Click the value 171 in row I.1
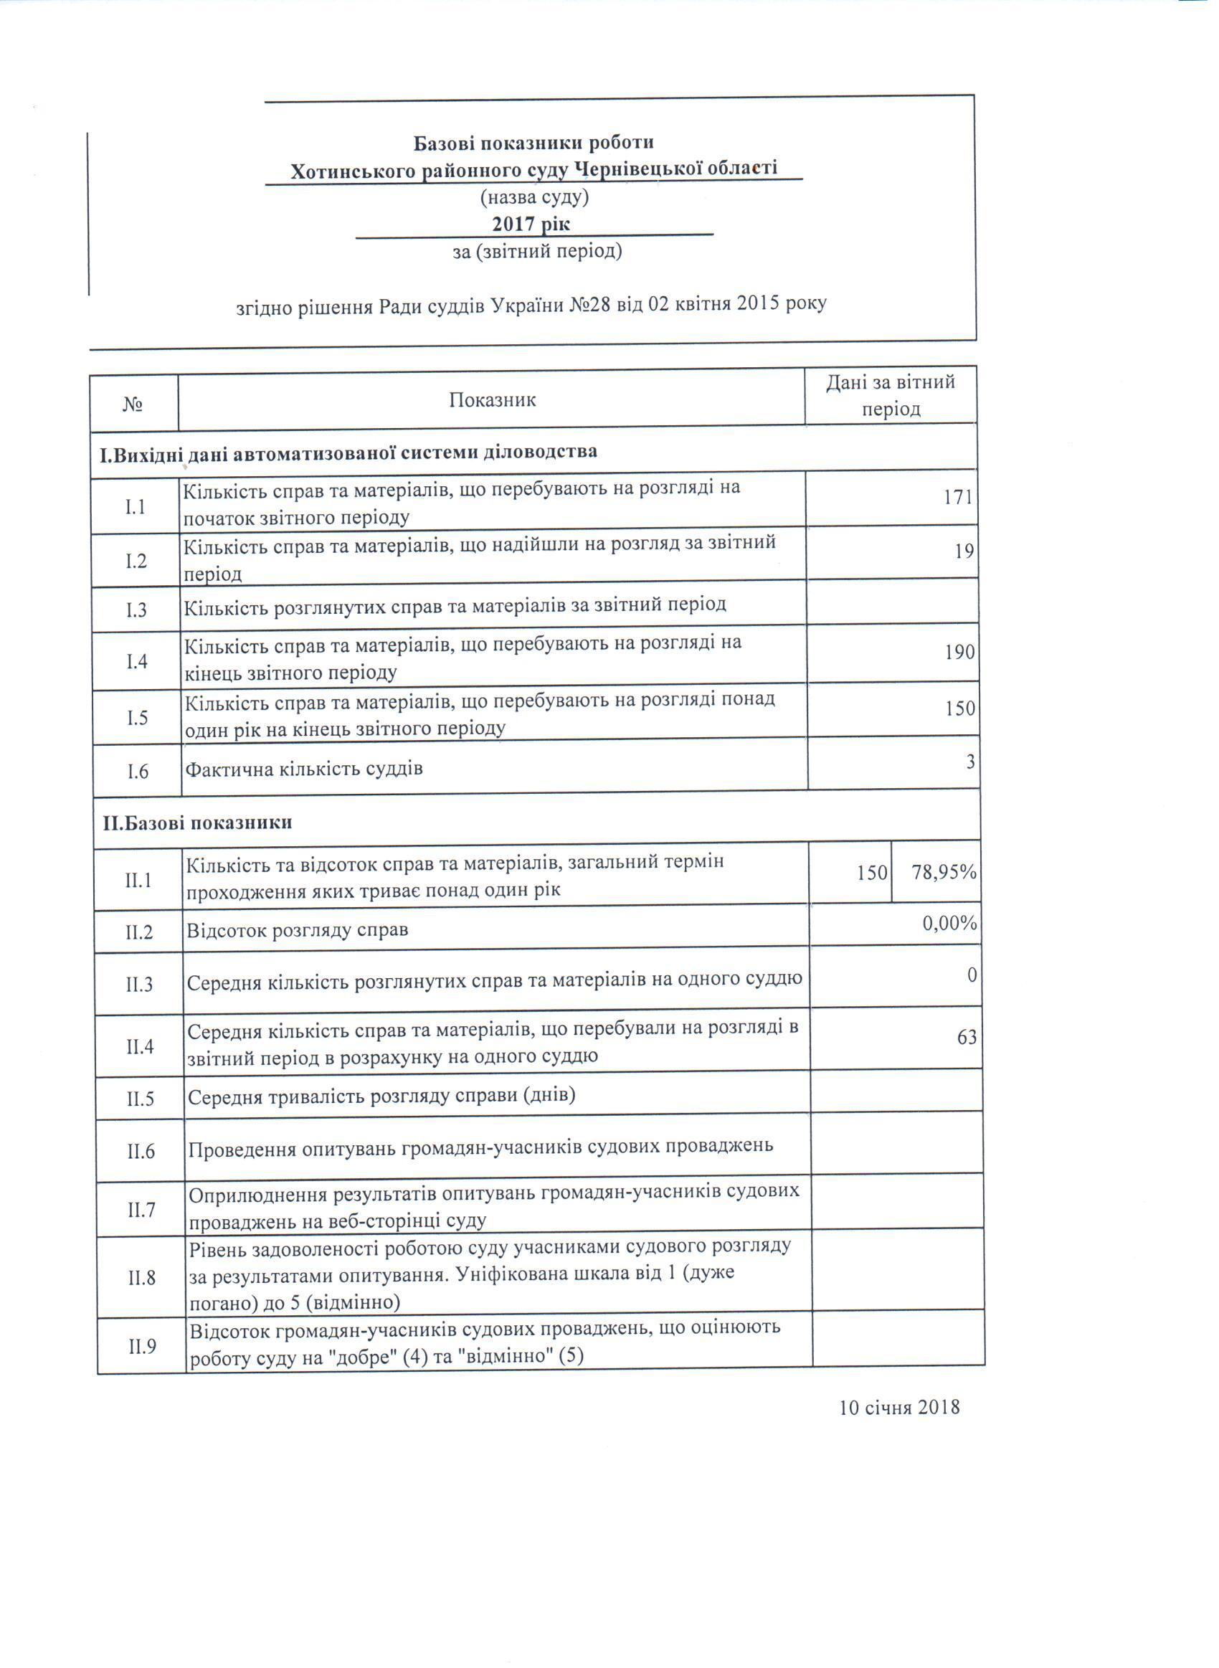[x=958, y=497]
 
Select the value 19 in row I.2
[x=964, y=552]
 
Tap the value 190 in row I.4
[x=959, y=652]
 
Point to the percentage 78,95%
[x=944, y=873]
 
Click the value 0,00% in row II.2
[x=949, y=923]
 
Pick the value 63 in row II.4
[x=967, y=1037]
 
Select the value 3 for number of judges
[x=970, y=762]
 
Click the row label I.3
[x=136, y=610]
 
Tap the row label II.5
[x=139, y=1099]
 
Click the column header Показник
[x=492, y=400]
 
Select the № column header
[x=133, y=404]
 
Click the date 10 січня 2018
[x=898, y=1407]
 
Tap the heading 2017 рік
[x=531, y=224]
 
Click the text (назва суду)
[x=534, y=197]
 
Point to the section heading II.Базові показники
[x=197, y=822]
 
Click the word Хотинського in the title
[x=354, y=172]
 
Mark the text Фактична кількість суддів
[x=303, y=769]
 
